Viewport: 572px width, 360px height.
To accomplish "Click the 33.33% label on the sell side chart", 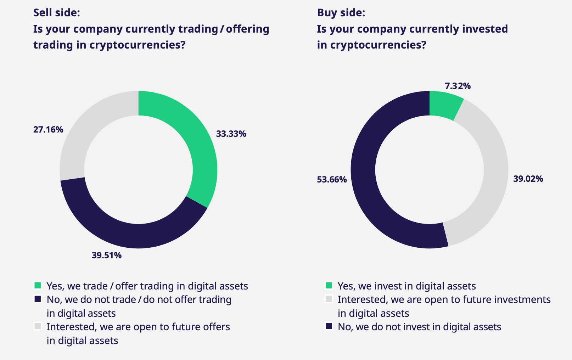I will click(231, 134).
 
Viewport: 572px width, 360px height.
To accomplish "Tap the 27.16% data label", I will click(48, 129).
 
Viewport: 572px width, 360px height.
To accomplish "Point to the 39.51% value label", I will click(107, 255).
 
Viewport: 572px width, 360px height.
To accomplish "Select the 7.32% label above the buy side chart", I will click(458, 86).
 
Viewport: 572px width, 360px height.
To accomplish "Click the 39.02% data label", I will click(528, 179).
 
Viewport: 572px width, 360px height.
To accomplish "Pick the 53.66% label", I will click(332, 179).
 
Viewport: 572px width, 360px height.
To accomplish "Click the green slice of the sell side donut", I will click(198, 142).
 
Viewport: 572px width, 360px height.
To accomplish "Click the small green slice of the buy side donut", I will click(444, 105).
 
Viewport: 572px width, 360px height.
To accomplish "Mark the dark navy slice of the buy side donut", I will click(365, 177).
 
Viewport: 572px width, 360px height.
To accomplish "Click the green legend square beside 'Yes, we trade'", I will click(38, 286).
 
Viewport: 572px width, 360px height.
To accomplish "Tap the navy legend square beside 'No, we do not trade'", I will click(38, 299).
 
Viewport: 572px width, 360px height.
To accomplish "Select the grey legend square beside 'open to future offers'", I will click(38, 326).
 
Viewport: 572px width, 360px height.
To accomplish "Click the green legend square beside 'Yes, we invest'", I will click(329, 286).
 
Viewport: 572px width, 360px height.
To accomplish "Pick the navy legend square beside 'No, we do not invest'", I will click(329, 326).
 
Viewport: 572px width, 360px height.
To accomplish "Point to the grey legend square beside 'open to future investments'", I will click(329, 299).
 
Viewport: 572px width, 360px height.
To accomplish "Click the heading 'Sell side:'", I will click(57, 13).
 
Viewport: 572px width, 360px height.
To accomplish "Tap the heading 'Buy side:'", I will click(341, 13).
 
